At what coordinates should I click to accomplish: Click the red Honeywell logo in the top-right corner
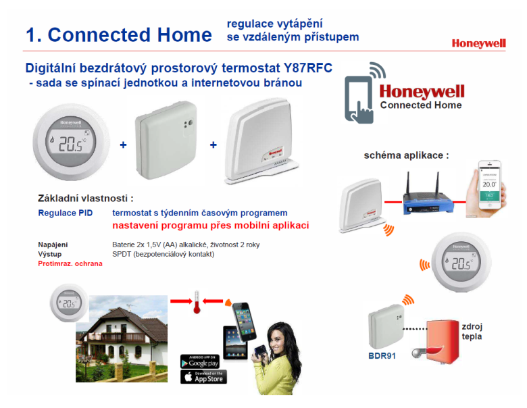click(x=478, y=44)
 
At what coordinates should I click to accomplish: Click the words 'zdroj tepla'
click(x=472, y=330)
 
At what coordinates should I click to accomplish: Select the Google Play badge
click(x=203, y=361)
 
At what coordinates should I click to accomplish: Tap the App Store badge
click(x=203, y=377)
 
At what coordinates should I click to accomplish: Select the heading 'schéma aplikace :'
click(x=406, y=155)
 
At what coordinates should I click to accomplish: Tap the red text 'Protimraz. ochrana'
click(x=70, y=263)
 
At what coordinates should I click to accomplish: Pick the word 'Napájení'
click(x=53, y=245)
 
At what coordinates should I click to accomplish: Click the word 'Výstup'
click(x=49, y=254)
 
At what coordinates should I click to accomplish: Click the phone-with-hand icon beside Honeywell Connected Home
click(x=360, y=94)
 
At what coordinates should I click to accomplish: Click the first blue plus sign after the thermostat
click(x=123, y=145)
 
